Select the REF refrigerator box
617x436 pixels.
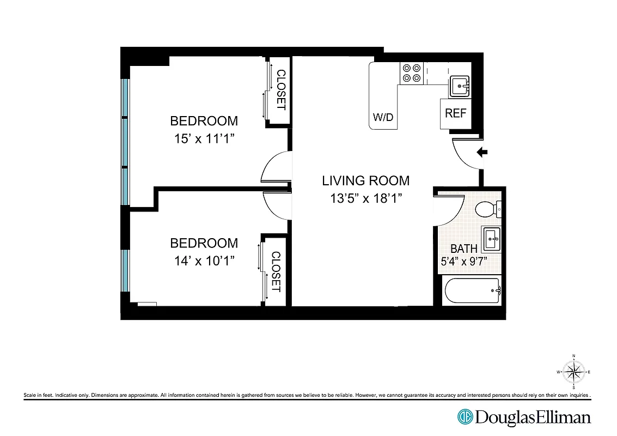pyautogui.click(x=456, y=113)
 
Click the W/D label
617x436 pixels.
pyautogui.click(x=383, y=117)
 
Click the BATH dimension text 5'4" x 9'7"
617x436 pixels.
pyautogui.click(x=463, y=261)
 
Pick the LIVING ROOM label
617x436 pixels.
pyautogui.click(x=365, y=180)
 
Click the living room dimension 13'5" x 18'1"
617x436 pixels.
pyautogui.click(x=365, y=198)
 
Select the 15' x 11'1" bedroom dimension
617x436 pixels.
pyautogui.click(x=204, y=138)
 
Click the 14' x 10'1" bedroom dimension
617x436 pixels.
pyautogui.click(x=204, y=261)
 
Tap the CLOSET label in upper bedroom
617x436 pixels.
pyautogui.click(x=281, y=90)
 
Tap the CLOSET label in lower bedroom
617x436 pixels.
pyautogui.click(x=276, y=271)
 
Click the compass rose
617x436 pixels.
pyautogui.click(x=573, y=372)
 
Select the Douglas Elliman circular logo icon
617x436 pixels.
pyautogui.click(x=465, y=417)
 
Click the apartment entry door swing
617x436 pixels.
pyautogui.click(x=466, y=154)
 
